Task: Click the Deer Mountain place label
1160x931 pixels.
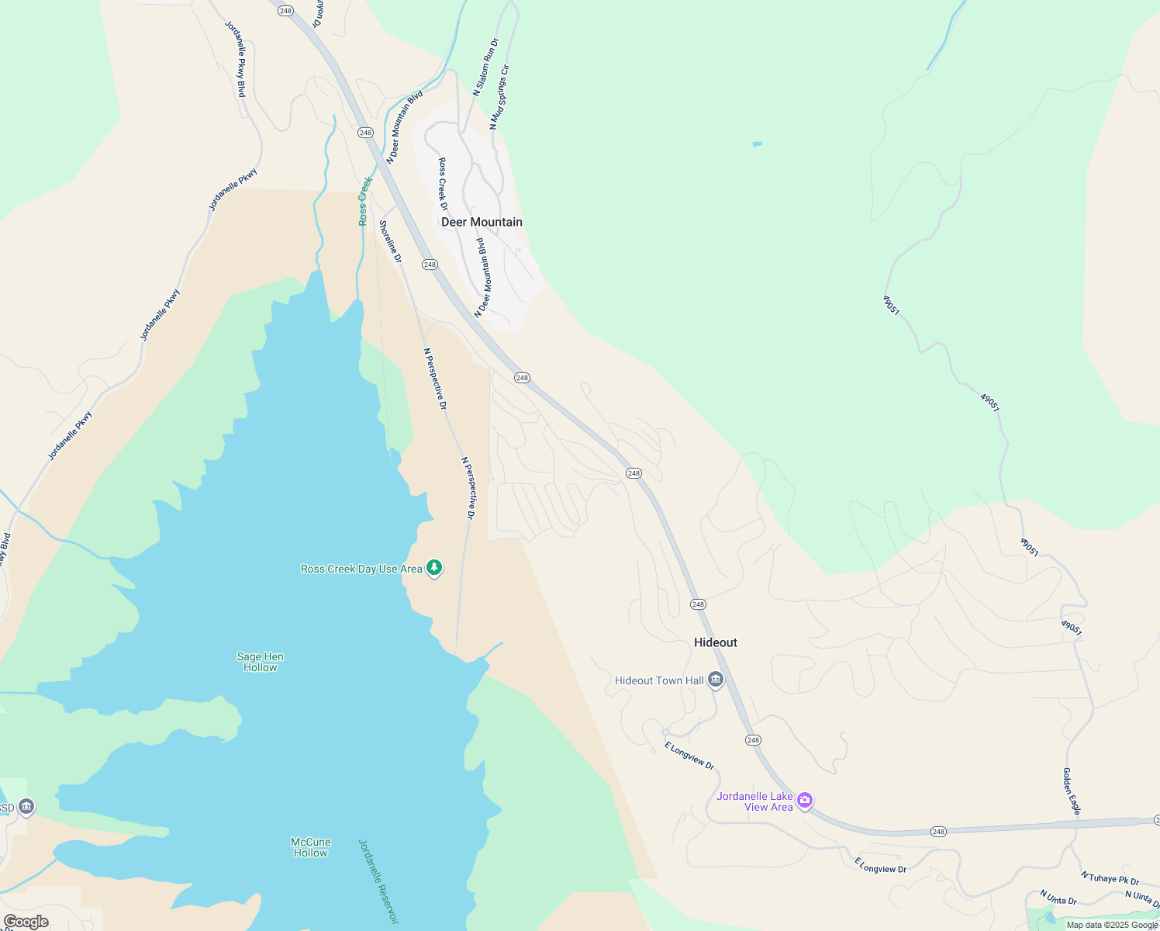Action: pyautogui.click(x=482, y=222)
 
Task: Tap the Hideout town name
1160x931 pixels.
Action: pyautogui.click(x=715, y=642)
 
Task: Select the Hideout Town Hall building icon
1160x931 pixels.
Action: pyautogui.click(x=716, y=680)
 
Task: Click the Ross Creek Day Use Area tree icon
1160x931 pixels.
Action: pyautogui.click(x=435, y=569)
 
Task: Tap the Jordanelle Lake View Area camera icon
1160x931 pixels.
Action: pyautogui.click(x=805, y=800)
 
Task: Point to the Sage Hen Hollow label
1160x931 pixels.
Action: pyautogui.click(x=260, y=662)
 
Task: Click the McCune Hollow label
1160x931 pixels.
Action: pyautogui.click(x=310, y=847)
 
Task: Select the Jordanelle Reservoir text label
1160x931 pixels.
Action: pyautogui.click(x=378, y=881)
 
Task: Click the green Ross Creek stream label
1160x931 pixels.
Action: pyautogui.click(x=365, y=202)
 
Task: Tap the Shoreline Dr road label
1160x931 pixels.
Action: pyautogui.click(x=390, y=241)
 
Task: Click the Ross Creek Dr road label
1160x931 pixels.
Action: pyautogui.click(x=443, y=184)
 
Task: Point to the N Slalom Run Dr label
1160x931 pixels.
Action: pyautogui.click(x=485, y=67)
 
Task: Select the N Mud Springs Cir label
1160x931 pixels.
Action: pyautogui.click(x=499, y=97)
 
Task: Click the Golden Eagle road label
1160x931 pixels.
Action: pyautogui.click(x=1071, y=791)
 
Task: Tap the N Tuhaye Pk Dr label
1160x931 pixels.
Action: pyautogui.click(x=1110, y=878)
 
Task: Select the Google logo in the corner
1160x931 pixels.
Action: pyautogui.click(x=26, y=922)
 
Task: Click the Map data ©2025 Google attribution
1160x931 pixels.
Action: pyautogui.click(x=1112, y=925)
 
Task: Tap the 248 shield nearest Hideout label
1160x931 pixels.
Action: pyautogui.click(x=698, y=604)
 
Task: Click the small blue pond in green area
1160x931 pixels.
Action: pyautogui.click(x=757, y=144)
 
